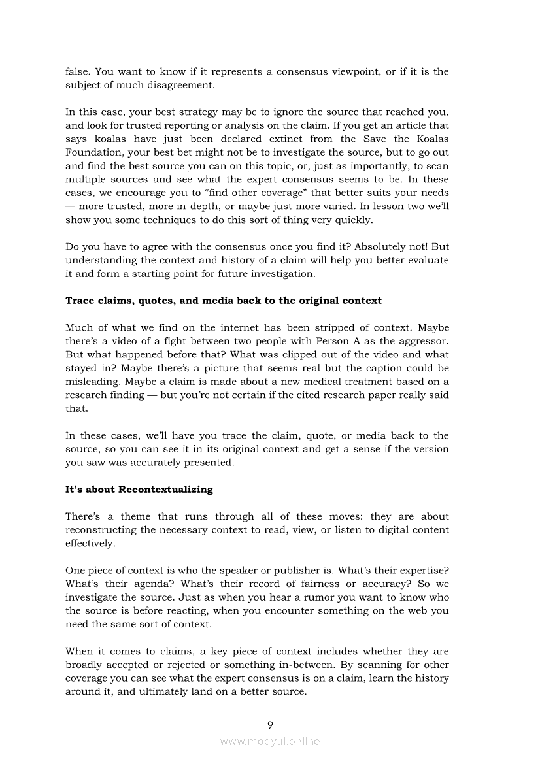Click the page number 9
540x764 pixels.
tap(270, 725)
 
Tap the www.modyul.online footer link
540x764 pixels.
tap(270, 741)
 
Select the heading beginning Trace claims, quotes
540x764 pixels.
tap(224, 301)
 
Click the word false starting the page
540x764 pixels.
tap(78, 71)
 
